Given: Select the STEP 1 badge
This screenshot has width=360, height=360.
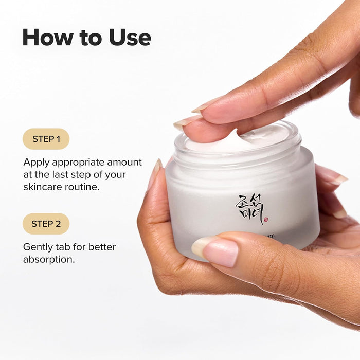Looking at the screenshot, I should point(46,139).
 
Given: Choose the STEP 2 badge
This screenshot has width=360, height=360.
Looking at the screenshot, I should point(46,224).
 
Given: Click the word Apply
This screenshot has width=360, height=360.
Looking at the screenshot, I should point(36,163).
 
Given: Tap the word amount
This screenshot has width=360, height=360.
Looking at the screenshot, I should point(127,163).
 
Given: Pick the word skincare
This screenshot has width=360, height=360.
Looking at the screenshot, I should point(45,187).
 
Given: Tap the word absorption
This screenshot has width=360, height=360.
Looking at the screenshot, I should point(49,259).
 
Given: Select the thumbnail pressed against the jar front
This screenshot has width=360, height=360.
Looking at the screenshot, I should point(216,250).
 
